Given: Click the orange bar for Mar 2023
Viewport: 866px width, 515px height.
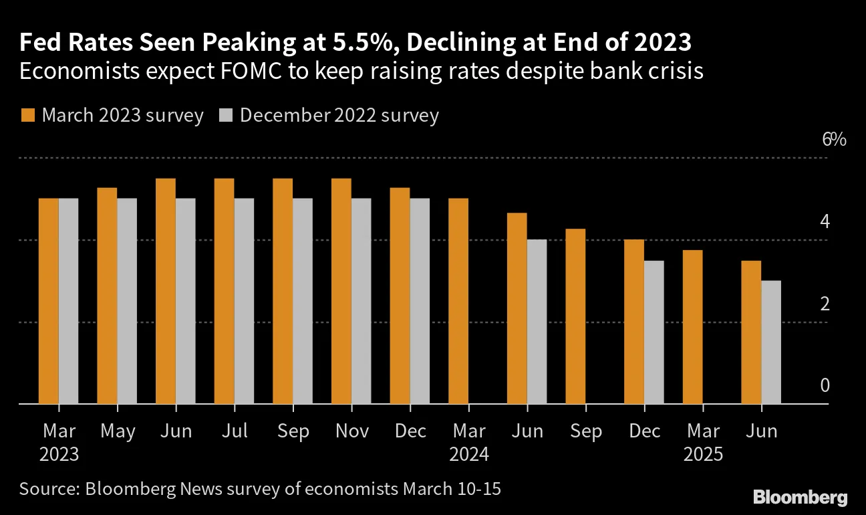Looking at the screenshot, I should pos(49,301).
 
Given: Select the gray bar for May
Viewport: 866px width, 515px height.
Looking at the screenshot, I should pos(127,301).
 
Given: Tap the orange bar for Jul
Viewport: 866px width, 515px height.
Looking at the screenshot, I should pos(225,291).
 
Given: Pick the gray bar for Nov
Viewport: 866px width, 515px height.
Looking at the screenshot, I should pos(362,301).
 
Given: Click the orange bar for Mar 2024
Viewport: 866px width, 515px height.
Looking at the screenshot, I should pos(458,301).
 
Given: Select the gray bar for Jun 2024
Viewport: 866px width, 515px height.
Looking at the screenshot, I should pos(537,322).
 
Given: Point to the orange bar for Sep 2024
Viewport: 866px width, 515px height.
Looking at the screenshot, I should pos(575,316).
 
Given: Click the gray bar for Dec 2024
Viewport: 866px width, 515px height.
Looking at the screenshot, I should pos(654,332).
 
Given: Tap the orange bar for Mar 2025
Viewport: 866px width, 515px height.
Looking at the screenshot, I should pos(693,327).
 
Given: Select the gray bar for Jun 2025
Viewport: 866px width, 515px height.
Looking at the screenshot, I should pos(772,342).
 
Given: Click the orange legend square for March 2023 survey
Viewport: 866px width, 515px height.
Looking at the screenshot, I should pos(27,115).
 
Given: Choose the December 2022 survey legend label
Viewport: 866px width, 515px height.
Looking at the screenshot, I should pos(339,115).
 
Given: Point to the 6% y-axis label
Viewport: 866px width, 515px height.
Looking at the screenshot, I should pos(835,140).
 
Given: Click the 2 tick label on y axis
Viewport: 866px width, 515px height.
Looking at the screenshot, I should pos(825,304).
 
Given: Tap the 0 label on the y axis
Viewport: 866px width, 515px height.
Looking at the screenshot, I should pos(825,386).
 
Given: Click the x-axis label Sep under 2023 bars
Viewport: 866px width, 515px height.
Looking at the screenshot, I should pos(293,431).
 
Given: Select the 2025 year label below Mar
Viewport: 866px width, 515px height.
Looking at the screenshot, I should pos(702,455).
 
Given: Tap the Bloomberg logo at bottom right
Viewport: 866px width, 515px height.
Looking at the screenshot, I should pos(800,498).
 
